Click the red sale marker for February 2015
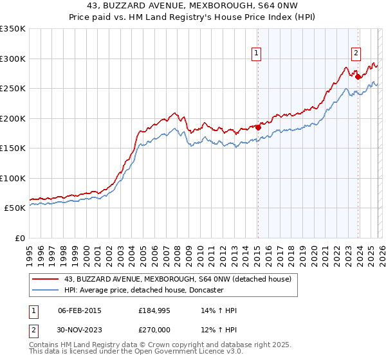click(x=258, y=127)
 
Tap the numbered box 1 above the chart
click(x=256, y=53)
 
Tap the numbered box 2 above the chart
click(x=356, y=53)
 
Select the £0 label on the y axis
click(x=19, y=238)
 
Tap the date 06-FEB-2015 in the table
click(x=80, y=310)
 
